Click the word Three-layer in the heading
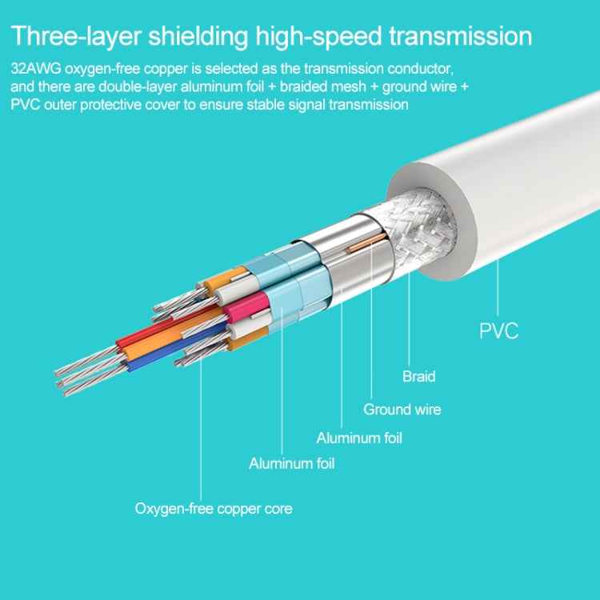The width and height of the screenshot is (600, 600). [x=76, y=36]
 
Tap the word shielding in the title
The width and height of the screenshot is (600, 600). [x=198, y=36]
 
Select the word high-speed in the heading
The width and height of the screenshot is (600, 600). [x=318, y=36]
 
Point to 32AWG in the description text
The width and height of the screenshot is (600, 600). [x=35, y=69]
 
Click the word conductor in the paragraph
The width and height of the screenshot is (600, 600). [x=420, y=69]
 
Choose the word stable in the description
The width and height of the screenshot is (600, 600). [x=266, y=105]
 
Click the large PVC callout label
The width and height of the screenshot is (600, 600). [x=498, y=331]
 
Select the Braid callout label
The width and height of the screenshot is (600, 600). [x=419, y=377]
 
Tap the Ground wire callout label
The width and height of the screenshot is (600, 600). [x=402, y=410]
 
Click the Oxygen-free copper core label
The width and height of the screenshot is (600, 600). [x=214, y=509]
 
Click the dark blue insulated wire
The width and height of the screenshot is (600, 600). [x=176, y=347]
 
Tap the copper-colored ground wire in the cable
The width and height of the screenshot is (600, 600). [x=366, y=243]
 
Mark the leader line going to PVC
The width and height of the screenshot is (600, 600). [x=498, y=288]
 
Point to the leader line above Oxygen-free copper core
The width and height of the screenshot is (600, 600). [x=201, y=428]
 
